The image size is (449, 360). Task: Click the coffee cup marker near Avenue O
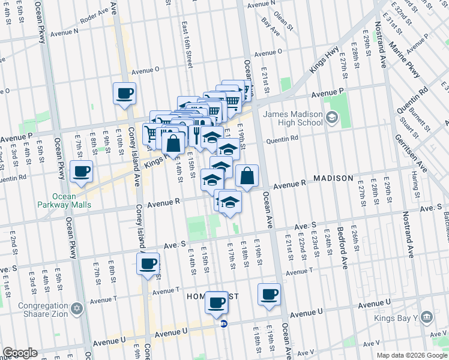(124, 94)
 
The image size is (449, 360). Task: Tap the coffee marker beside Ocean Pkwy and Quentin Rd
(81, 172)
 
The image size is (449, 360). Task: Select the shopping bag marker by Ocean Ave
(247, 176)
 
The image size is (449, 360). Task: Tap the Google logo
(20, 353)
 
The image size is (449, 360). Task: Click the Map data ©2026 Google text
(412, 355)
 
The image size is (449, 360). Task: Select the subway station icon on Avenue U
(224, 323)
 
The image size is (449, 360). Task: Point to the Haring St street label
(414, 184)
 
